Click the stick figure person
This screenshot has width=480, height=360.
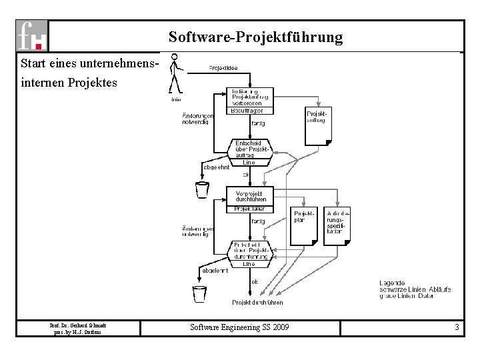click(175, 73)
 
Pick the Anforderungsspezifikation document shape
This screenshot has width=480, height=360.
click(338, 226)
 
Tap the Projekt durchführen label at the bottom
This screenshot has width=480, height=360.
click(257, 302)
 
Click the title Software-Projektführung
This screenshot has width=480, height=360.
click(255, 37)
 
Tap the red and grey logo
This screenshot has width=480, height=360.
click(33, 35)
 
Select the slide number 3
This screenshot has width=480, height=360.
click(457, 327)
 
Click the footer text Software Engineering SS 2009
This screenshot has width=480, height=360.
click(240, 327)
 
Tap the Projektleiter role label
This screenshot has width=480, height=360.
click(249, 209)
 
